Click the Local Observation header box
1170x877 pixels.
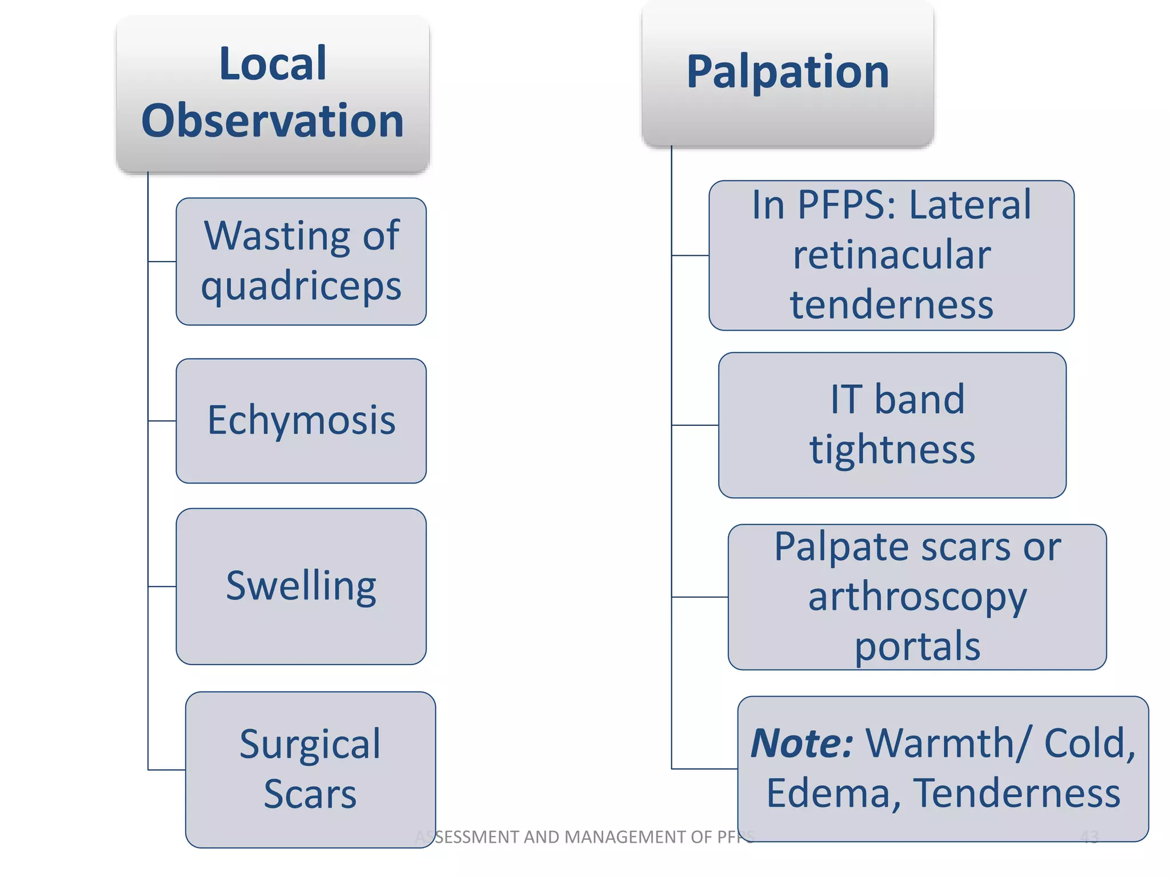273,94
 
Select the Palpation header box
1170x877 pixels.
787,73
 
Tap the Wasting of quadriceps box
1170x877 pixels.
301,262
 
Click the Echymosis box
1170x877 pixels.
301,421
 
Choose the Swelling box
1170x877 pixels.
301,586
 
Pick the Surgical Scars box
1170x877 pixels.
310,769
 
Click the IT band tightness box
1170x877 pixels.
892,425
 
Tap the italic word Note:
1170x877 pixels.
802,743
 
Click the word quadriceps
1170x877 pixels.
301,286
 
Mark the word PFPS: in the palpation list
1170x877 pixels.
847,204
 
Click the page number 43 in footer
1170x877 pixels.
1089,837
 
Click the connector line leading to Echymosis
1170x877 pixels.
162,421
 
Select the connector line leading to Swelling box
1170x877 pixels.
162,586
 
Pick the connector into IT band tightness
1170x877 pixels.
695,425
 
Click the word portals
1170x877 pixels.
917,647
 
